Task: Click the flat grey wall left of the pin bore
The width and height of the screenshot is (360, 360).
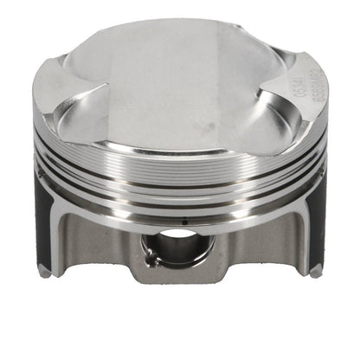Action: point(112,242)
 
